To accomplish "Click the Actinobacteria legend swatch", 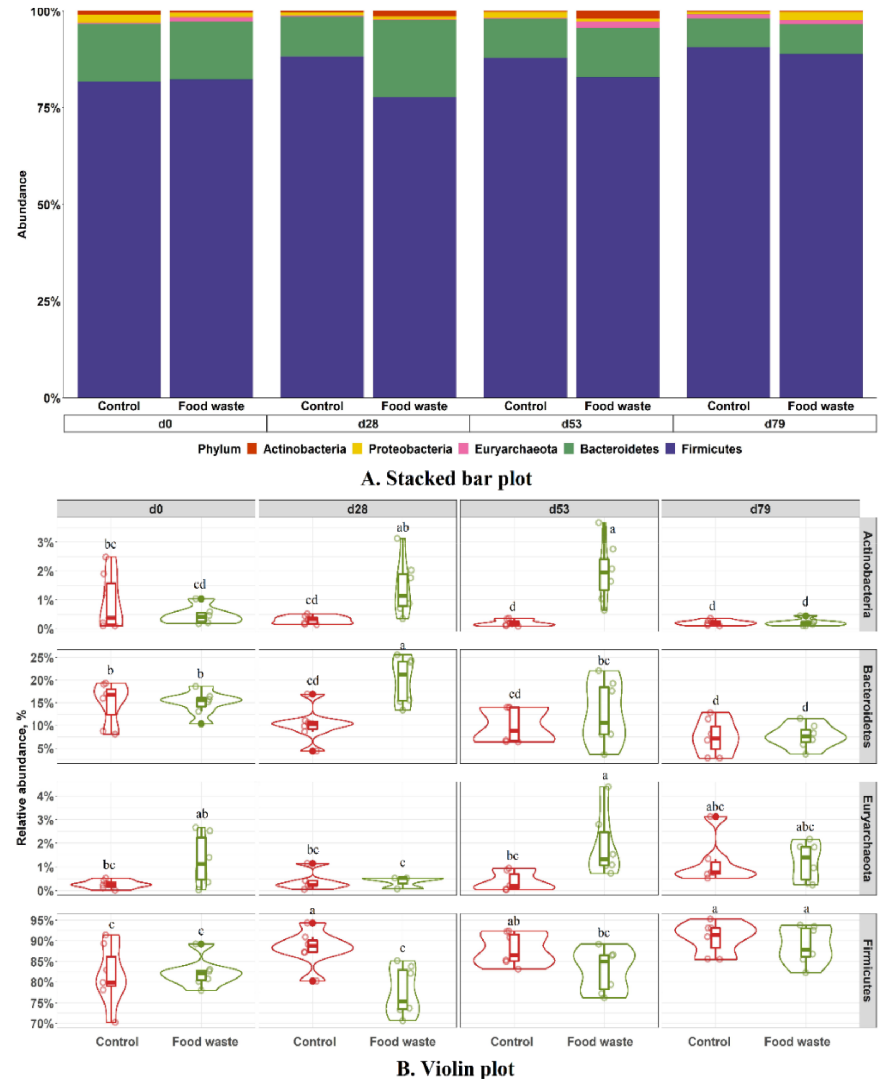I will click(x=252, y=449).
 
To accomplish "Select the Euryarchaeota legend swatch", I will click(x=463, y=449).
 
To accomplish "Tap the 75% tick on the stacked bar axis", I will click(x=48, y=108).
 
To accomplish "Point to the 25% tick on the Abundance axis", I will click(x=48, y=302).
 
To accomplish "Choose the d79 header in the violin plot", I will click(x=760, y=509).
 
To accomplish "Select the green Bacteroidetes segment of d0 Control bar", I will click(x=119, y=52).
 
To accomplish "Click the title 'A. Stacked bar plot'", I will click(x=446, y=478).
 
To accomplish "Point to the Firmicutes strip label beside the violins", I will click(x=867, y=970).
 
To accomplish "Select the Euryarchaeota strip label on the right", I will click(x=867, y=838).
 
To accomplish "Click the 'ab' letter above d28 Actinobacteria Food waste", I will click(x=403, y=527).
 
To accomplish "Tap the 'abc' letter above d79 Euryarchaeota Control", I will click(x=715, y=806).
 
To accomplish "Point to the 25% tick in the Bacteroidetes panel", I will click(x=43, y=658).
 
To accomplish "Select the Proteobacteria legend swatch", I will click(x=357, y=449).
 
